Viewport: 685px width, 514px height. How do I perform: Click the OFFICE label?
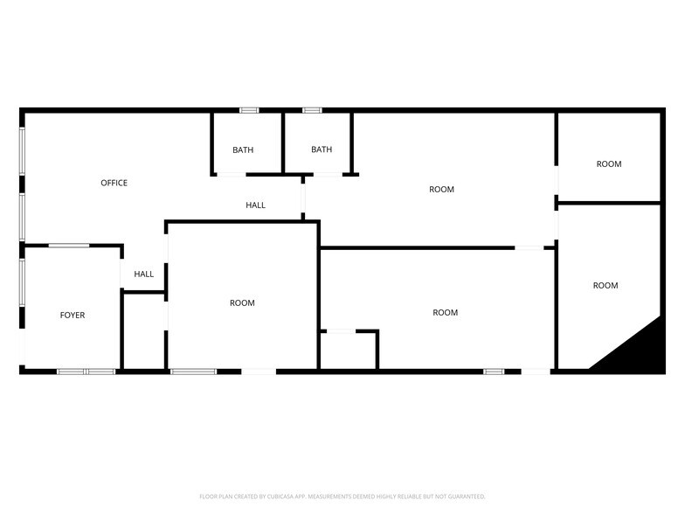[x=114, y=183]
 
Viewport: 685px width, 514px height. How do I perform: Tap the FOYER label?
[x=73, y=315]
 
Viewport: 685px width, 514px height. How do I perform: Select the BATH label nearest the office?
[x=243, y=149]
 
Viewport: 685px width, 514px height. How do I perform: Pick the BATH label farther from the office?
[x=322, y=149]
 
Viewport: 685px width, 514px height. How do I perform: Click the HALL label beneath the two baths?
[x=255, y=205]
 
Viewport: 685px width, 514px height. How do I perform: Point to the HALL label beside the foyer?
[x=143, y=274]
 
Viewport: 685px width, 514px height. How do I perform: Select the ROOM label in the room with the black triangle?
[x=605, y=285]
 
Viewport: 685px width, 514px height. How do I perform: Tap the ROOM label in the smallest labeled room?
[x=609, y=163]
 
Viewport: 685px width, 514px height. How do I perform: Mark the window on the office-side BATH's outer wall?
[x=249, y=110]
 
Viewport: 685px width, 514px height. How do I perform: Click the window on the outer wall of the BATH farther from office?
[x=312, y=110]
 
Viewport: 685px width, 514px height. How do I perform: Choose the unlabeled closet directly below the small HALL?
[x=143, y=332]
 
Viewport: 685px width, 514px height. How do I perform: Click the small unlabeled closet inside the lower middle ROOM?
[x=349, y=351]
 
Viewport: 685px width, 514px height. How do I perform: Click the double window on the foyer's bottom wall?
[x=86, y=372]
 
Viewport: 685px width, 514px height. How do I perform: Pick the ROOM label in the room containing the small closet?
[x=445, y=312]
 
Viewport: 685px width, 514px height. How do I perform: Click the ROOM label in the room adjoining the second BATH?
[x=441, y=189]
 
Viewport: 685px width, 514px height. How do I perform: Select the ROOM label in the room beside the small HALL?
[x=242, y=302]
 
